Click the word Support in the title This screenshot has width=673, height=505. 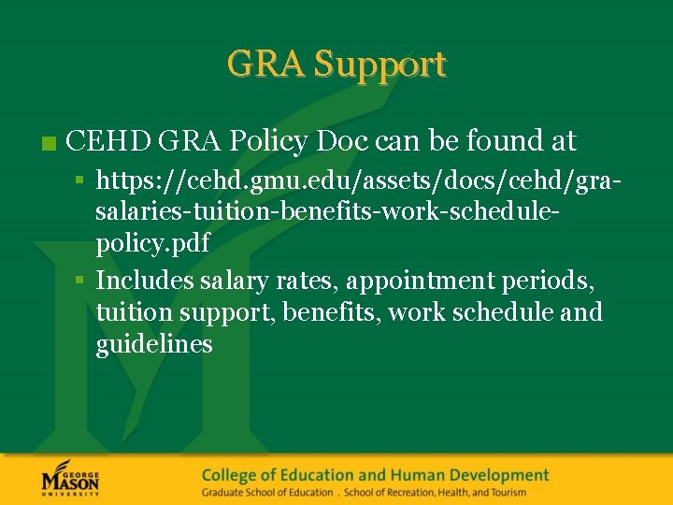pos(379,65)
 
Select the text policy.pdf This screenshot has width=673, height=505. pos(152,243)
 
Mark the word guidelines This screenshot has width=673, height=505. pos(154,343)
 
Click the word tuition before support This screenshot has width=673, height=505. pos(136,311)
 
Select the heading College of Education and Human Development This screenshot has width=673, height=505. pos(375,474)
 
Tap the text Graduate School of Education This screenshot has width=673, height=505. pos(267,492)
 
